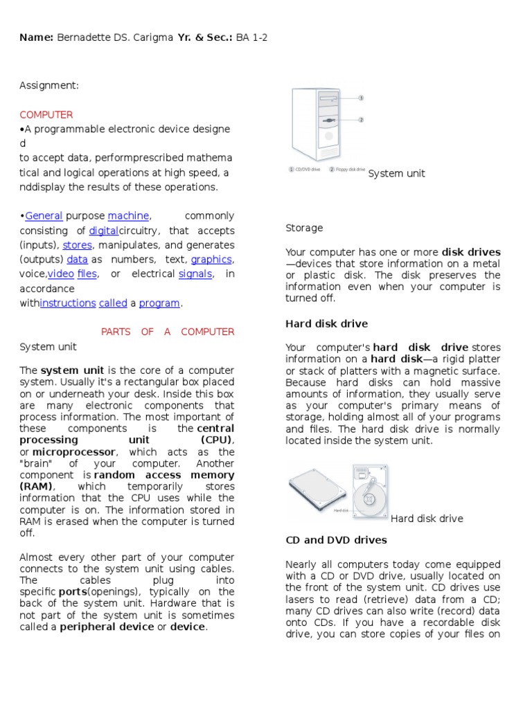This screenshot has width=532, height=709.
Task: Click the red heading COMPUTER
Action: [x=46, y=114]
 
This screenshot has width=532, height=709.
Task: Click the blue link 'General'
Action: [x=44, y=216]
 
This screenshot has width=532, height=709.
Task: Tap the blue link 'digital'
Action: [x=104, y=231]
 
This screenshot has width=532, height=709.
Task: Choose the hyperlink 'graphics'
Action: [x=211, y=260]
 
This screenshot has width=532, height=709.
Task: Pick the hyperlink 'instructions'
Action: [x=68, y=303]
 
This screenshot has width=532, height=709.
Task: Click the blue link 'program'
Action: [x=159, y=303]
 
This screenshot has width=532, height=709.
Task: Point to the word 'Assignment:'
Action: [x=49, y=85]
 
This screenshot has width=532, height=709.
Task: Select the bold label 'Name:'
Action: [x=36, y=38]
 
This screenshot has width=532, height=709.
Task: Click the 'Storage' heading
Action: [x=304, y=228]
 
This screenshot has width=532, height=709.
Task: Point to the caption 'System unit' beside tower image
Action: [x=396, y=174]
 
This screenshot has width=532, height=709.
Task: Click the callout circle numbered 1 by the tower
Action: [x=361, y=98]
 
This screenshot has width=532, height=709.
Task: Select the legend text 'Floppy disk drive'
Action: [x=350, y=169]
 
